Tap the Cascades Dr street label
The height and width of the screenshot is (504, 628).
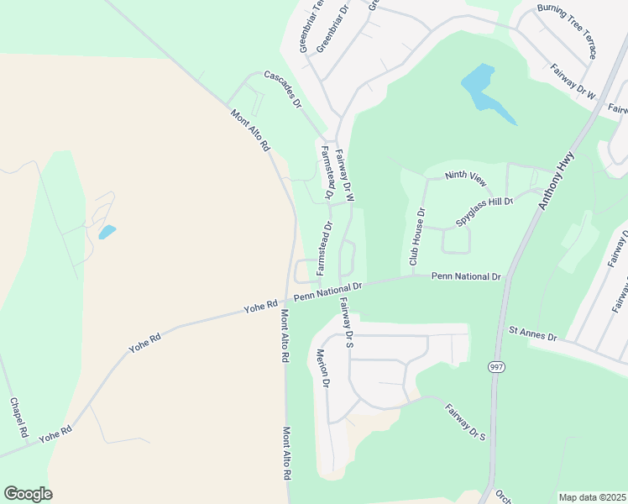[x=283, y=89]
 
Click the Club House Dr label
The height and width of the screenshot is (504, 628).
[x=417, y=237]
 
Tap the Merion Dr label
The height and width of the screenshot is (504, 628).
[x=322, y=367]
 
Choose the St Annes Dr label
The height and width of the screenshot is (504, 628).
[x=533, y=334]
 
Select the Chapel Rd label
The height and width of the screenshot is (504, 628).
[x=18, y=417]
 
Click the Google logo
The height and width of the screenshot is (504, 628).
[x=28, y=494]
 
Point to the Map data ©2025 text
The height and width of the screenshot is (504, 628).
[x=592, y=497]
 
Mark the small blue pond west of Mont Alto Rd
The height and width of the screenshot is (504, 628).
[x=107, y=232]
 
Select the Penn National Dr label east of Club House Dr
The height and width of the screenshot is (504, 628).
[x=466, y=276]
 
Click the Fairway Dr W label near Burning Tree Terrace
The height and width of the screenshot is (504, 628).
[x=573, y=83]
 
